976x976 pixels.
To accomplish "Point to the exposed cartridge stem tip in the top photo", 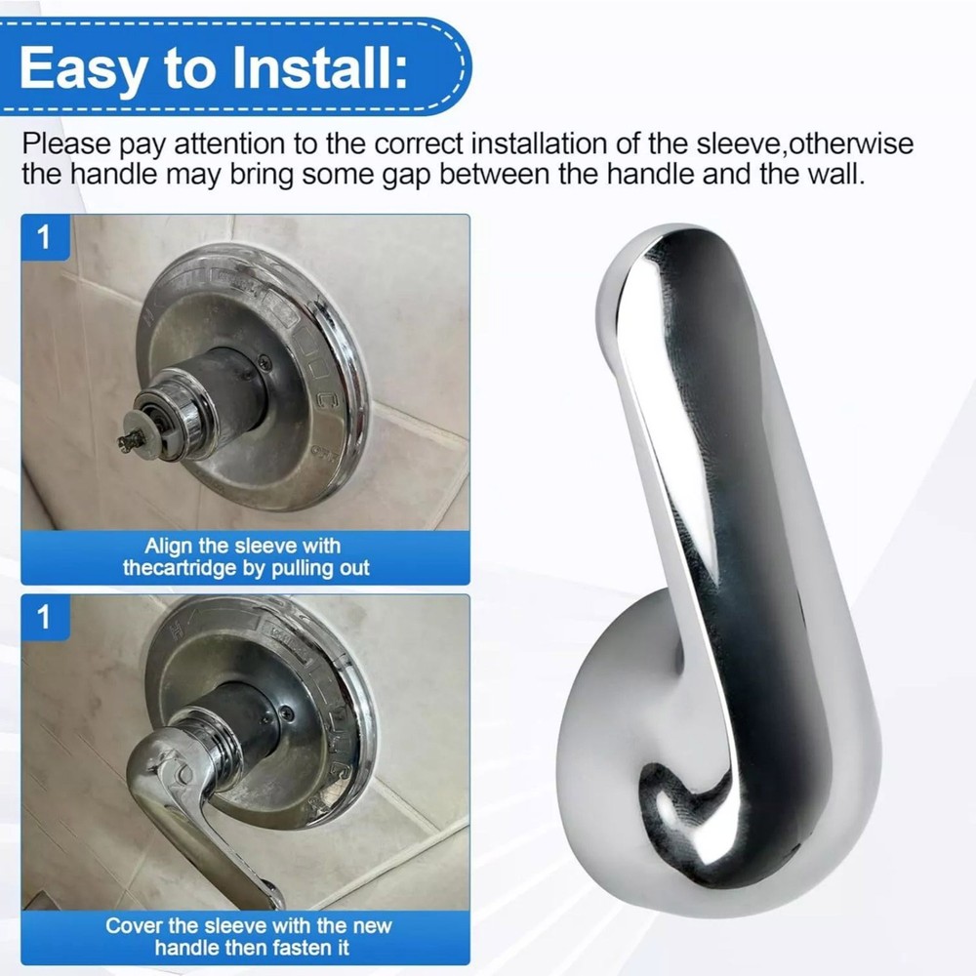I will pyautogui.click(x=127, y=444).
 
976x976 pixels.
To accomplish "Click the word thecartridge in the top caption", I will pyautogui.click(x=183, y=568).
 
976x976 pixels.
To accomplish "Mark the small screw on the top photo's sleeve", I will pyautogui.click(x=264, y=363).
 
